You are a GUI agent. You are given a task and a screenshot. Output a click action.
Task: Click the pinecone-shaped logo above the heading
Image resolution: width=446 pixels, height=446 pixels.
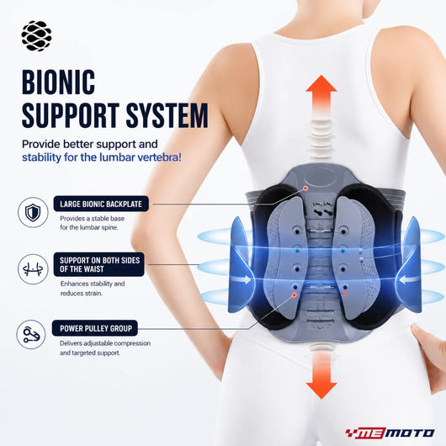pos(36,36)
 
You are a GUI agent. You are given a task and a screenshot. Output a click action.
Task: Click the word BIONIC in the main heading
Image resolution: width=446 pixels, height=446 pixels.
pos(58,82)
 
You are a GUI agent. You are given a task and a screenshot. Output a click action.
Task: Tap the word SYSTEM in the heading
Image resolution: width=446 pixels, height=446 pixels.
pos(167,115)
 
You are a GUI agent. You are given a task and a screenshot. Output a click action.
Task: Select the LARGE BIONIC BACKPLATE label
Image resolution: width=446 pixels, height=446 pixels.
pos(101,204)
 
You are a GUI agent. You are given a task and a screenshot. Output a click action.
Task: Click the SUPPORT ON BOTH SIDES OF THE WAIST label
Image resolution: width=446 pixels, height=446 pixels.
pos(99,264)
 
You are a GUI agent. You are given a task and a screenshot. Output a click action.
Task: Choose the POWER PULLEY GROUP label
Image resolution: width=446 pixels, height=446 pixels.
pos(95,328)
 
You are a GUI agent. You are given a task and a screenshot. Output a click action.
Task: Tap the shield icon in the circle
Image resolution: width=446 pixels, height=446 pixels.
pos(33,212)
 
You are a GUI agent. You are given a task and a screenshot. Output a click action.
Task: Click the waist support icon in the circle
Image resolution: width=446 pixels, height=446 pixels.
pos(33,269)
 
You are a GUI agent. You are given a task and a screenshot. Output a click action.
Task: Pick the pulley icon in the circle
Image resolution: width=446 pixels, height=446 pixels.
pos(31,335)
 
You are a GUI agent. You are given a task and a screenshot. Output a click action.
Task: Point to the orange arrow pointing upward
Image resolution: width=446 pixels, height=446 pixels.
pos(321,99)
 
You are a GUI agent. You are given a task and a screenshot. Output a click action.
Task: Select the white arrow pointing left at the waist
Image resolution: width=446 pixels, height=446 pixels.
pos(409,279)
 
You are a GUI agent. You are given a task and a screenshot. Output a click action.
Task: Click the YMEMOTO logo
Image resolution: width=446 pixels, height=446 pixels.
pos(390,433)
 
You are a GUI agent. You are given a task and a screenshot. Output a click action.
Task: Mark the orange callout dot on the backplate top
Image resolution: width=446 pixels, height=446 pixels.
pos(305,188)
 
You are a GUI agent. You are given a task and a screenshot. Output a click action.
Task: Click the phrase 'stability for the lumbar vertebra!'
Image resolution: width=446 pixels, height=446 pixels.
pos(102,157)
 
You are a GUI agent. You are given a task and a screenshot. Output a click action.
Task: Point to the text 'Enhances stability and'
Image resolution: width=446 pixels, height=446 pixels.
pos(93,284)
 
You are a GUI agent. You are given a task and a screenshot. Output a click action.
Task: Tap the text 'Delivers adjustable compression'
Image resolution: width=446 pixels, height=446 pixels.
pos(105,343)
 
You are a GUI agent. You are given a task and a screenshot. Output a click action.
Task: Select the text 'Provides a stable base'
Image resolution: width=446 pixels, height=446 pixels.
pos(93,219)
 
